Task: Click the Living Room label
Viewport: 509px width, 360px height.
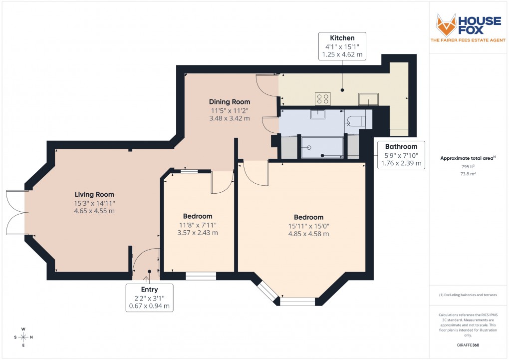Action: (94, 194)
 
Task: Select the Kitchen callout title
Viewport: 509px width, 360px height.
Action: (342, 38)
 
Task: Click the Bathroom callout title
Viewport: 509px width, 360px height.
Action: (401, 146)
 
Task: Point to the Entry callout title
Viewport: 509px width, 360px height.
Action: (149, 290)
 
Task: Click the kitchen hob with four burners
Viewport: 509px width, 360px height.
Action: (322, 98)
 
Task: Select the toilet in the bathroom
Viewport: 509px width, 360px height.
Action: (356, 121)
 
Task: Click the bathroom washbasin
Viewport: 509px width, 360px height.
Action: (317, 115)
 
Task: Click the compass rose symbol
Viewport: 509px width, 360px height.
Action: (23, 337)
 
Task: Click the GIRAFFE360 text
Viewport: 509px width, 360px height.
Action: (468, 345)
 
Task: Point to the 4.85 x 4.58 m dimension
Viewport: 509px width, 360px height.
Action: (308, 233)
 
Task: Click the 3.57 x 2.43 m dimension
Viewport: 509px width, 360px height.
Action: (198, 232)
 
